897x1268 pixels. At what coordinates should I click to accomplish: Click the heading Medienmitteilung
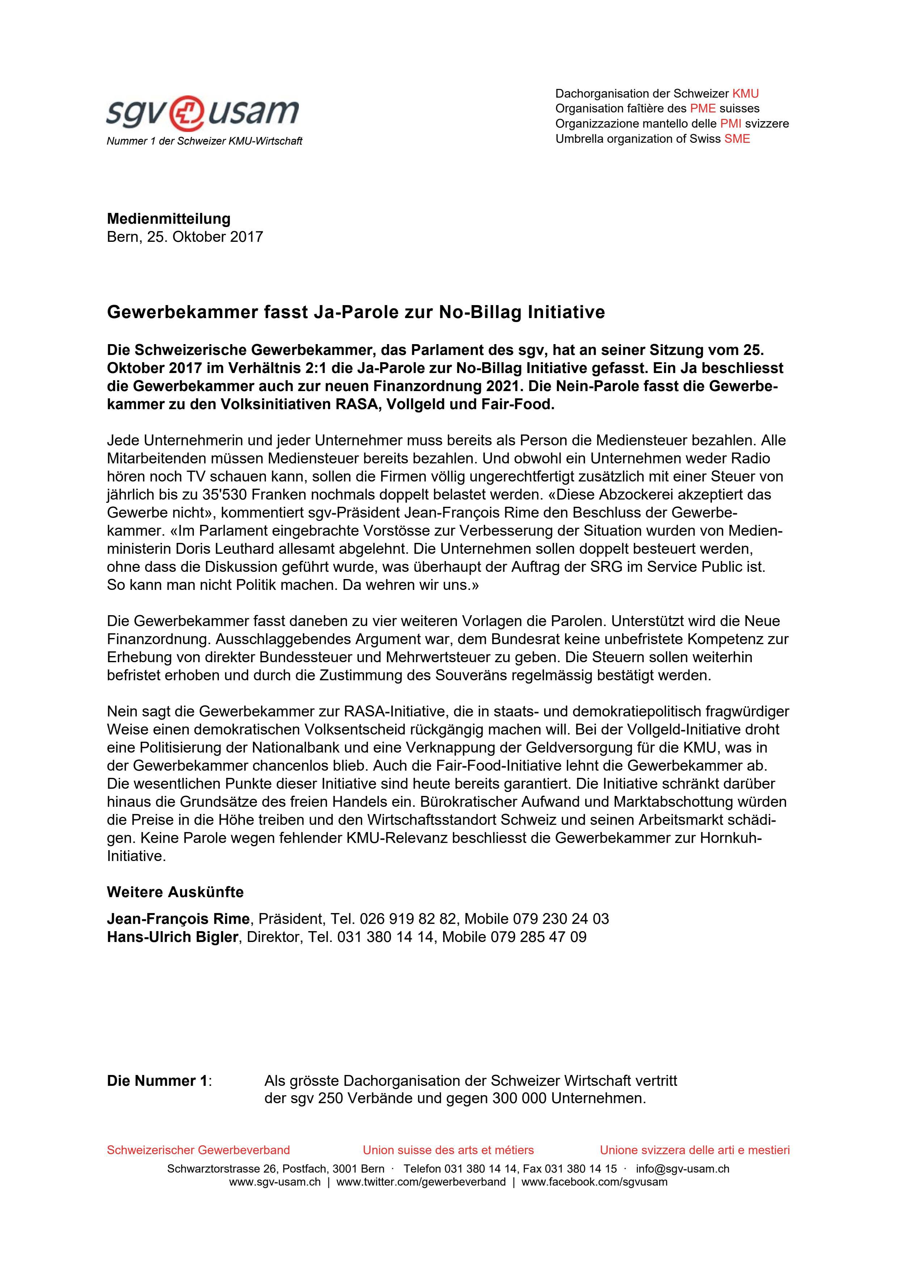coord(169,219)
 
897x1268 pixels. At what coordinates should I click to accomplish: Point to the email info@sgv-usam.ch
coord(682,1169)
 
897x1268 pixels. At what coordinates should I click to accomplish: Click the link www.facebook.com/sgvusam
coord(594,1182)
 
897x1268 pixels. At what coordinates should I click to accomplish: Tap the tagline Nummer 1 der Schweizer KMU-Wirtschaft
coord(204,141)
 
